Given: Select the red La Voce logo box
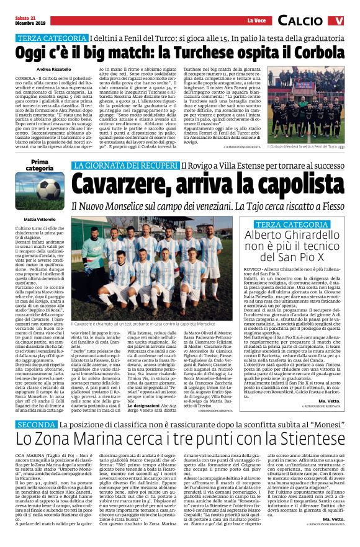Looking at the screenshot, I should click(257, 20).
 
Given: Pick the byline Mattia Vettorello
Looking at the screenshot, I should click(39, 220).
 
